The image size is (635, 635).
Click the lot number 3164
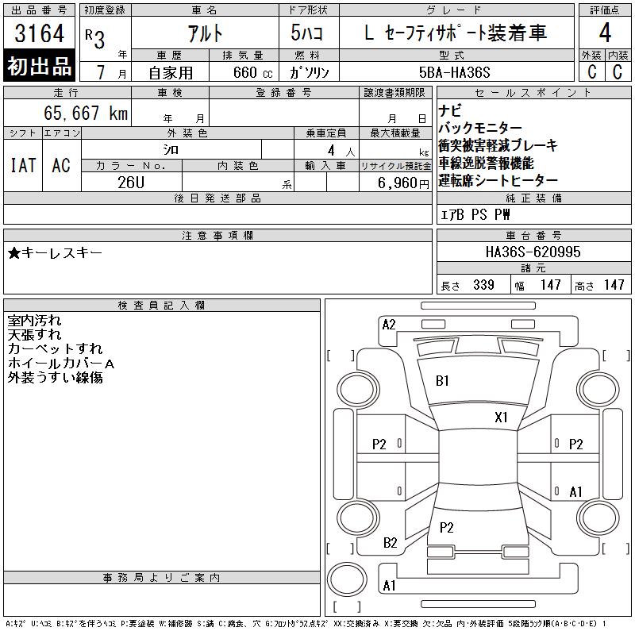(x=39, y=33)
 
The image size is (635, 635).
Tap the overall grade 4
(x=605, y=33)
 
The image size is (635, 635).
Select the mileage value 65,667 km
(x=86, y=113)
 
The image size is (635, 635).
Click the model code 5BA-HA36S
(x=454, y=72)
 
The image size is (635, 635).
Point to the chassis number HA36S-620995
(x=533, y=252)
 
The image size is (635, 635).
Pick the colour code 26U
(x=131, y=183)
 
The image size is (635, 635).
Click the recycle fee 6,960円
(x=403, y=183)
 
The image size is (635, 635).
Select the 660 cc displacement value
(x=252, y=72)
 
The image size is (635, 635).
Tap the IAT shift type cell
(x=23, y=165)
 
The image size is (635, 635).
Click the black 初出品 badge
(x=39, y=66)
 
